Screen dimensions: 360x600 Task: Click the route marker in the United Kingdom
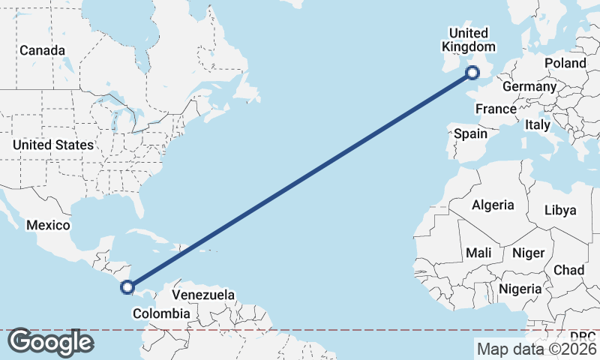point(472,73)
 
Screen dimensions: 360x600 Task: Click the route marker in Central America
point(127,286)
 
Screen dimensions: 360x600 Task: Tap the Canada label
point(42,50)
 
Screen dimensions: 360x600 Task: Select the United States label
point(53,145)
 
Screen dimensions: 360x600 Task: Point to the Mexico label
point(48,225)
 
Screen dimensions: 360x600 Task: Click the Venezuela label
point(203,295)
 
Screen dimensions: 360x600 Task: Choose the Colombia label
point(161,313)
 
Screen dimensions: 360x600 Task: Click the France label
point(496,109)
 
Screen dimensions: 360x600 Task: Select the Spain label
point(470,134)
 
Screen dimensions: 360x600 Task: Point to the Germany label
point(529,87)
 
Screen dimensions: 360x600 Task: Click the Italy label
point(538,124)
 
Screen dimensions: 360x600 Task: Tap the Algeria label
point(493,205)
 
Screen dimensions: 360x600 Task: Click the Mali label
point(478,253)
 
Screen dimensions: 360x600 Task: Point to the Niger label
point(527,253)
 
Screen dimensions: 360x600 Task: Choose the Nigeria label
point(520,289)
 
